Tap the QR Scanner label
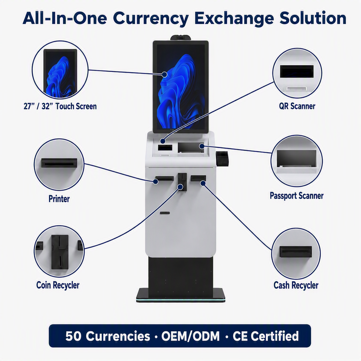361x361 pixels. [297, 106]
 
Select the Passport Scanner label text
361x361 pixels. [297, 196]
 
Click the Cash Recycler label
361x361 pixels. [296, 285]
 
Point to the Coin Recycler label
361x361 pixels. [58, 285]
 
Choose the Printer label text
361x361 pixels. [59, 199]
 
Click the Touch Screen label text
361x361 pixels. [60, 106]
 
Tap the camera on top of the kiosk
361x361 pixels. [181, 38]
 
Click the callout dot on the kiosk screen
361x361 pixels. [164, 74]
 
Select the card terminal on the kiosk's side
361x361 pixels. [222, 158]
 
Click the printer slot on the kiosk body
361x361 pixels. [164, 178]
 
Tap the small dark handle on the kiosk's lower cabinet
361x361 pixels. [165, 213]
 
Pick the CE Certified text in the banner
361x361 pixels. [266, 336]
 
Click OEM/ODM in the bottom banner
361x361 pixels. [190, 336]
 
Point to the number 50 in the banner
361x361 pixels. [73, 336]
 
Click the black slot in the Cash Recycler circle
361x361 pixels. [296, 252]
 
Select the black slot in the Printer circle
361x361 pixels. [59, 163]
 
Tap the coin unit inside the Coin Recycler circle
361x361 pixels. [60, 252]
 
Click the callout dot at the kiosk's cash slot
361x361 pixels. [203, 183]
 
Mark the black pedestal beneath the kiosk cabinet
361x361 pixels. [180, 277]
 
